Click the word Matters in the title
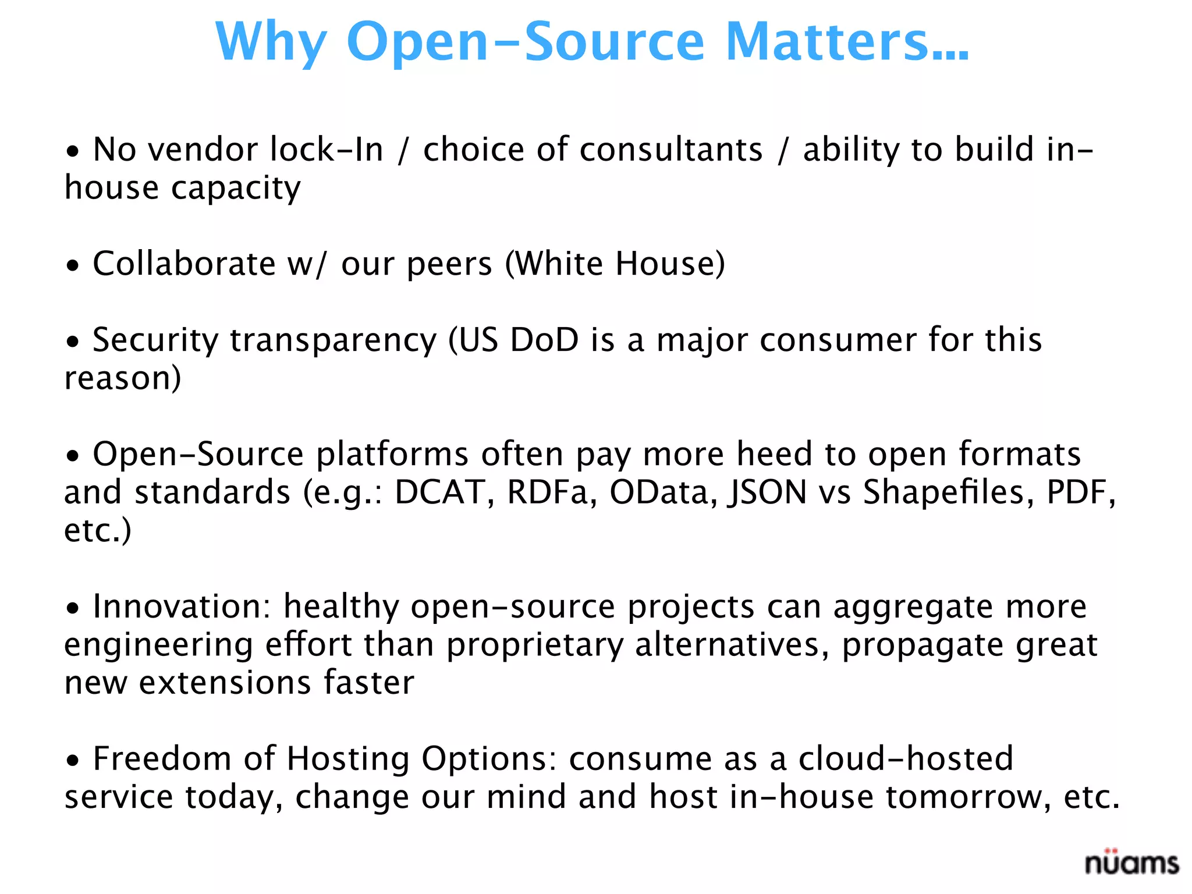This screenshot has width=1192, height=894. (847, 42)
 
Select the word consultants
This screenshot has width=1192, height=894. (670, 150)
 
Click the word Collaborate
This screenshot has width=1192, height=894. (184, 264)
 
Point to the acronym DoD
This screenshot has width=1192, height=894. (544, 340)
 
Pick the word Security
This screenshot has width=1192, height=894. (155, 341)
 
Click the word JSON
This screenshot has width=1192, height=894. (767, 494)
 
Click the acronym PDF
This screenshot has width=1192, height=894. (1080, 492)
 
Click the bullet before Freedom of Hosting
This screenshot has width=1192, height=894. (72, 761)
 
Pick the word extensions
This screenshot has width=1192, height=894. (225, 683)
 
